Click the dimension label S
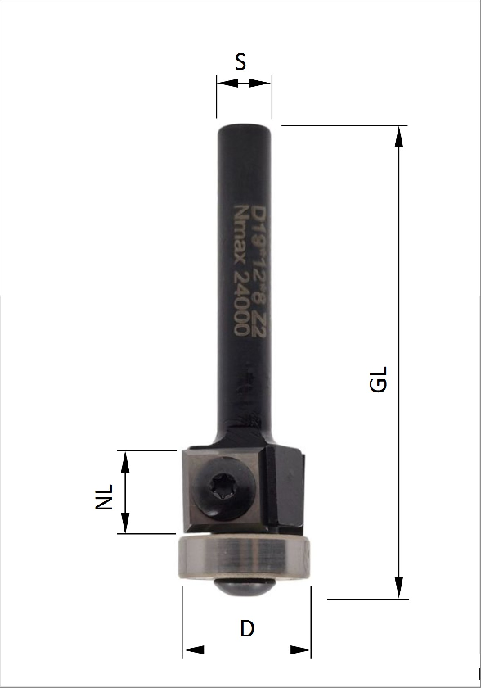[x=240, y=61]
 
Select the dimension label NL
[x=104, y=496]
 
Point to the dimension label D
[x=247, y=629]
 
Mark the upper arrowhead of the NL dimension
[x=125, y=459]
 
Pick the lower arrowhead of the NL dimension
[x=125, y=525]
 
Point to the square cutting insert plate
[x=223, y=490]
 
